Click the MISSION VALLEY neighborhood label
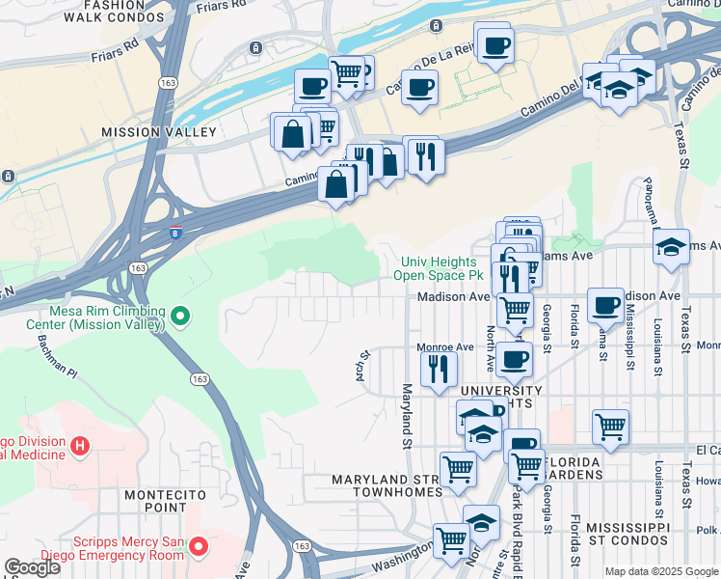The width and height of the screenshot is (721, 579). coord(159,131)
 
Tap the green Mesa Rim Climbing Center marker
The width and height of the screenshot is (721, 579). coord(179,316)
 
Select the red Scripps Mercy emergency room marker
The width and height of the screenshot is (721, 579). coord(199,547)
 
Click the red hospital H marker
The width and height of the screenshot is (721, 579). coord(81,447)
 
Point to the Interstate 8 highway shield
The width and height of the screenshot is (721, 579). coord(174,233)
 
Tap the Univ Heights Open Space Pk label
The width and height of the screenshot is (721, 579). coord(440,268)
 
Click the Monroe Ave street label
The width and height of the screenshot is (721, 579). coord(444,346)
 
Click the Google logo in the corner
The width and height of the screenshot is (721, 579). coord(32,567)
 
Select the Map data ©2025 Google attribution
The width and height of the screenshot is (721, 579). coord(660,571)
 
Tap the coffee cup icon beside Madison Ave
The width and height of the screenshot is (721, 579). coord(605,304)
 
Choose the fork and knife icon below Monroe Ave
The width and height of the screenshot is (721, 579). coord(439,367)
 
